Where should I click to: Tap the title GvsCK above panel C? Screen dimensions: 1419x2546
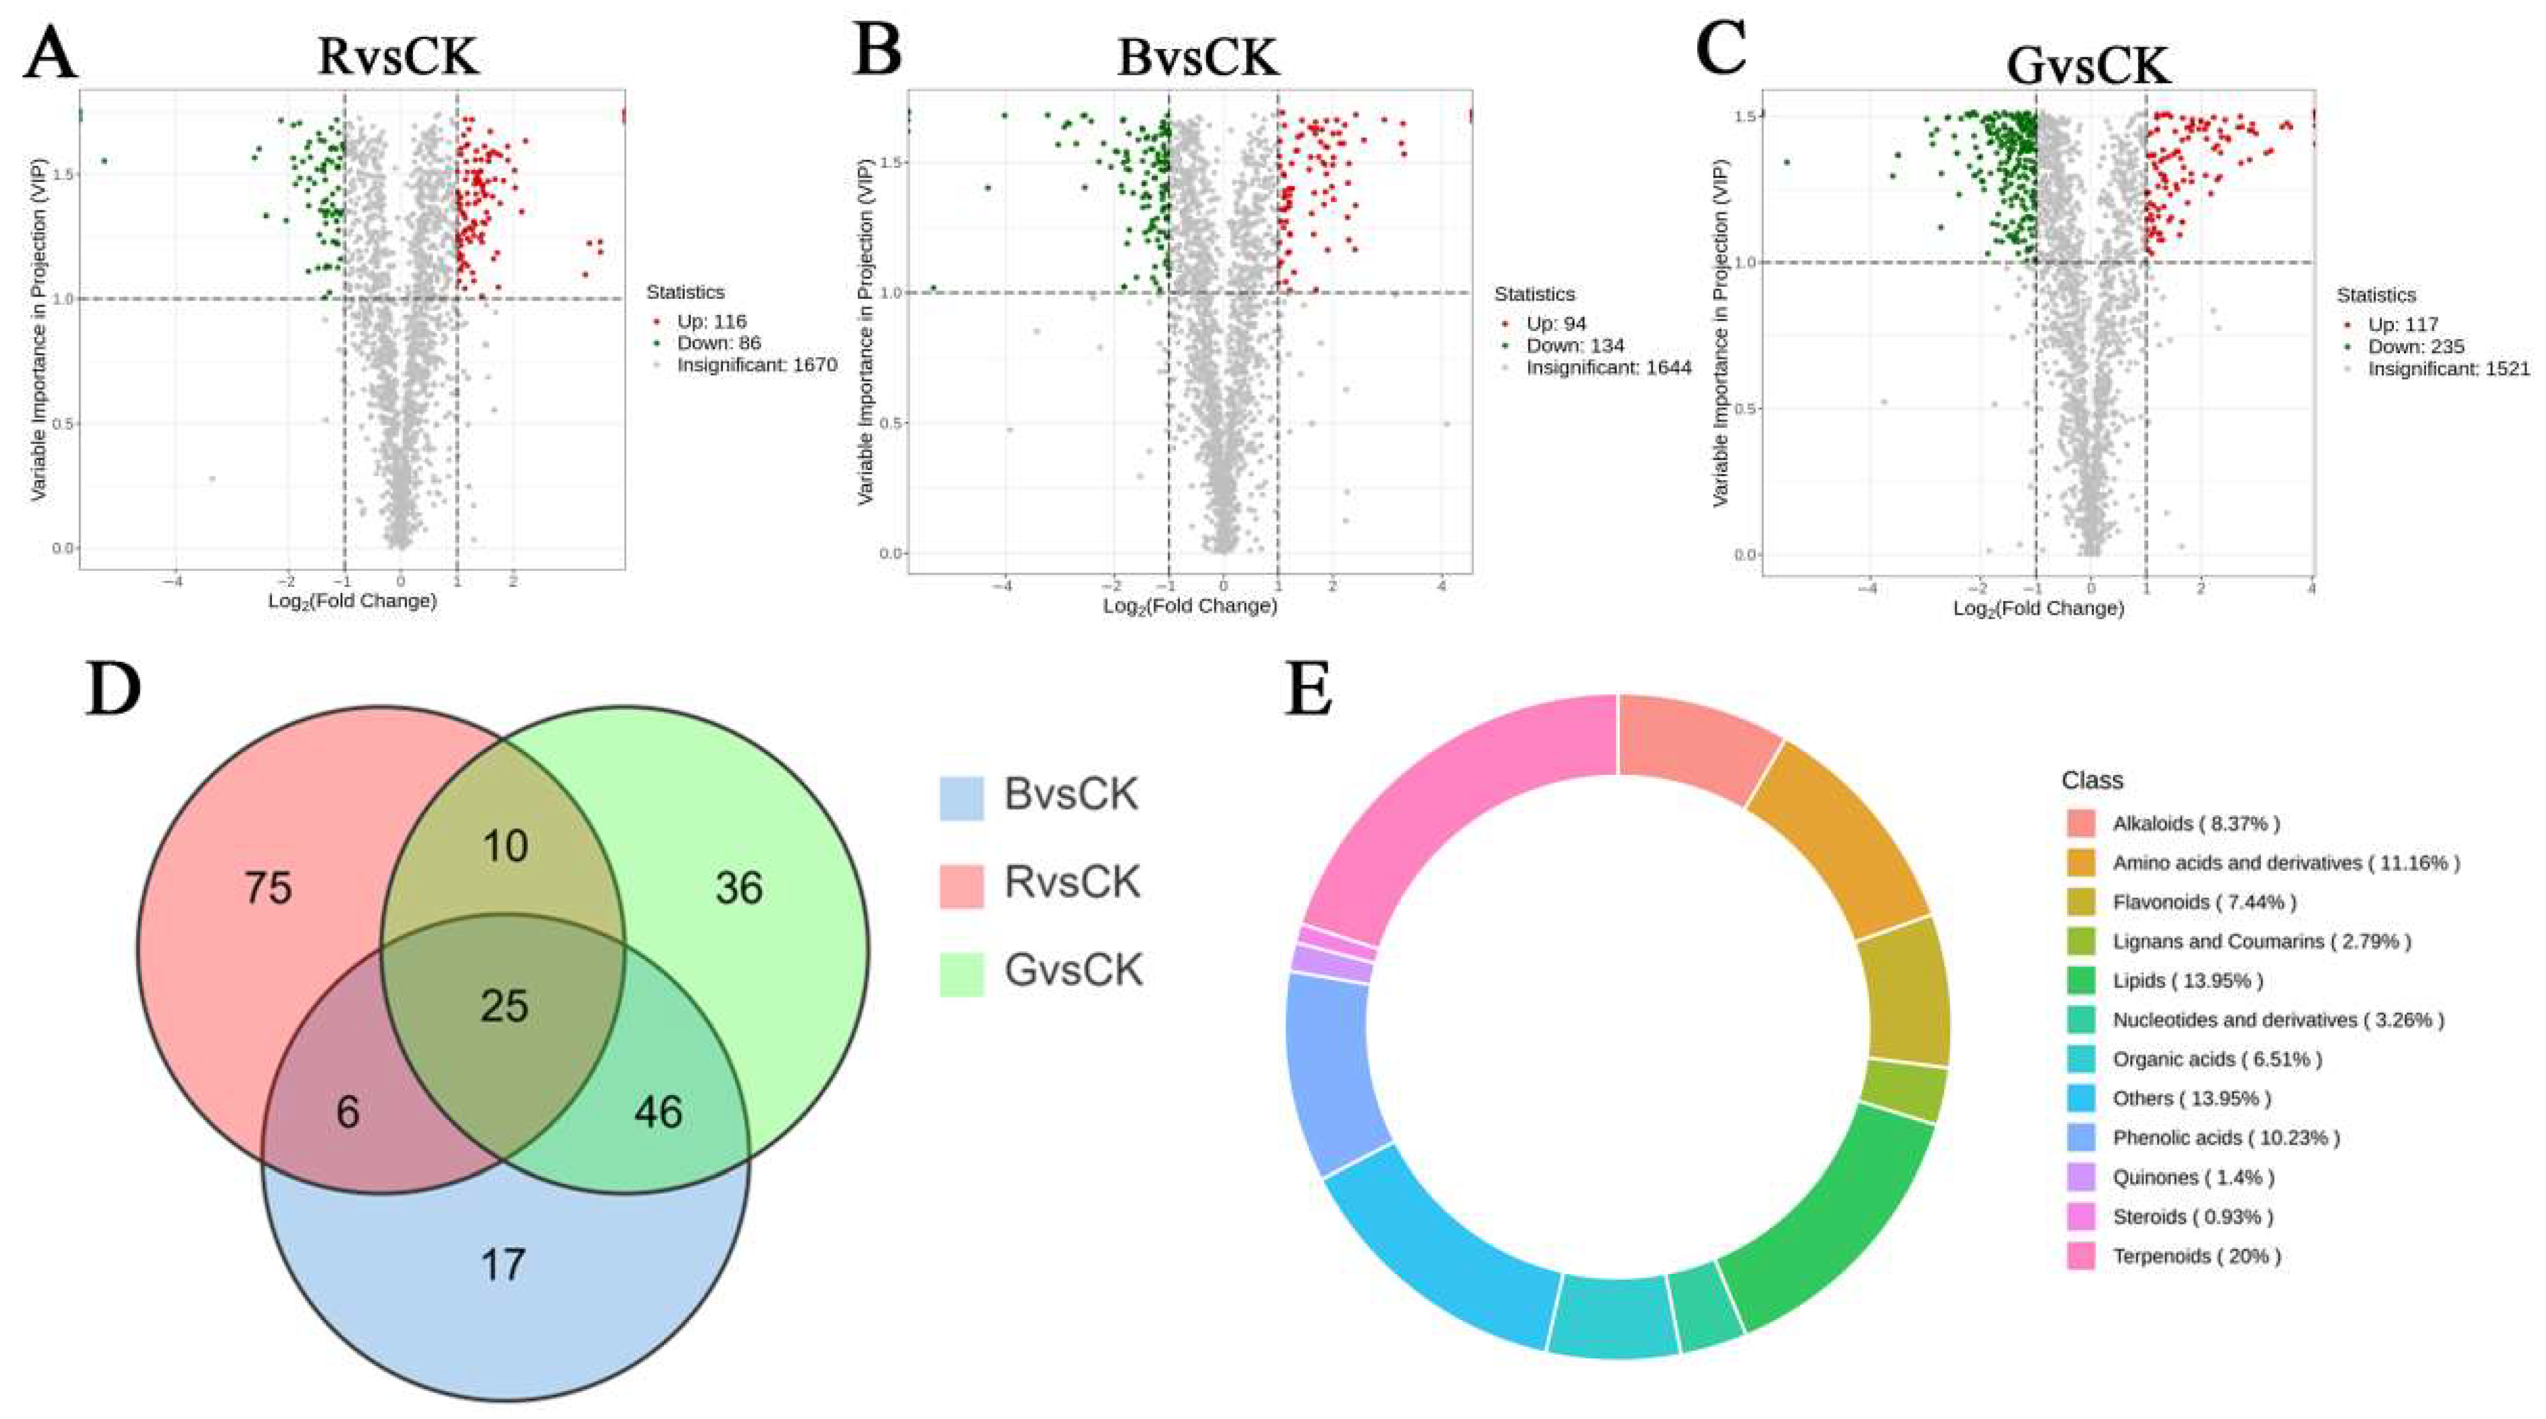[x=2087, y=66]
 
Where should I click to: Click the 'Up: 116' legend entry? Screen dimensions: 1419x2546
[x=710, y=321]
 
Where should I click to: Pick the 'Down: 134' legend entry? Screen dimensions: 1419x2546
[x=1574, y=345]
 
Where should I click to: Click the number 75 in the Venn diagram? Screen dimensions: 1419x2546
[x=268, y=888]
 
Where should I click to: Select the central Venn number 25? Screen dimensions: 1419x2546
[x=504, y=1006]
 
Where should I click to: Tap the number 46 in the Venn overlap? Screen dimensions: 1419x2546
[x=658, y=1112]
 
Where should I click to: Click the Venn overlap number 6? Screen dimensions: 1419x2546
[x=347, y=1112]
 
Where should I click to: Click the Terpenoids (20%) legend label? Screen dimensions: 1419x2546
[x=2196, y=1256]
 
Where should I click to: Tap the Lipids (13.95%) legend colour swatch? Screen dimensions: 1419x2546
[x=2081, y=980]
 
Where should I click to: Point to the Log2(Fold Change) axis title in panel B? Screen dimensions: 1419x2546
[x=1190, y=606]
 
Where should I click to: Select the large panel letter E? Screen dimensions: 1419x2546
[x=1309, y=690]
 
